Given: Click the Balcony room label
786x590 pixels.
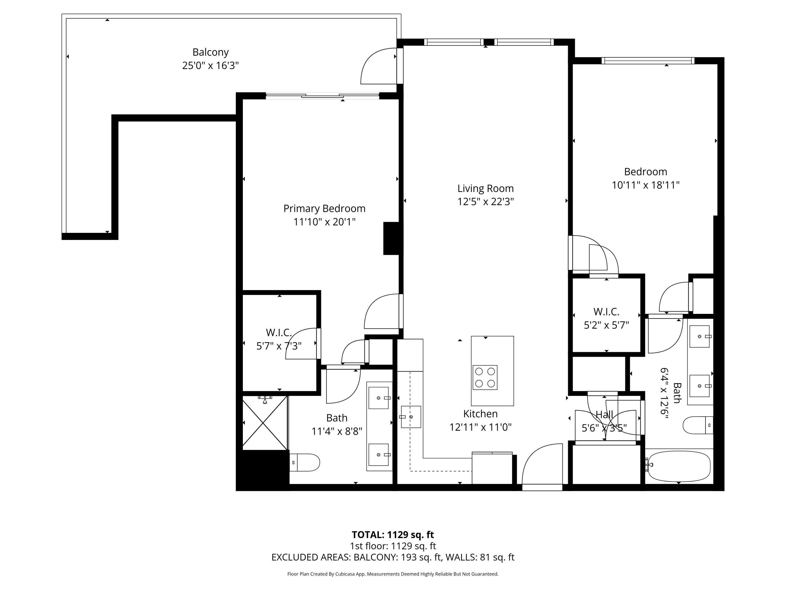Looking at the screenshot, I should pyautogui.click(x=210, y=52).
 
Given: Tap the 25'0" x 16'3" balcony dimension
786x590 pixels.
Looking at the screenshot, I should pyautogui.click(x=210, y=66).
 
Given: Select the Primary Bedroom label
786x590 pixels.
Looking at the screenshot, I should pyautogui.click(x=324, y=208).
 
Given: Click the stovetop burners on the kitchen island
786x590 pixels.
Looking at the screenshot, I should pyautogui.click(x=485, y=377).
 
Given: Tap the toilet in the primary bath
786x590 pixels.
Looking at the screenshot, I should pyautogui.click(x=305, y=462).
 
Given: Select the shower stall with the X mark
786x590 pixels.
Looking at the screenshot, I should pyautogui.click(x=265, y=423).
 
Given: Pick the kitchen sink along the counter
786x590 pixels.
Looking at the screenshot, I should pyautogui.click(x=411, y=417).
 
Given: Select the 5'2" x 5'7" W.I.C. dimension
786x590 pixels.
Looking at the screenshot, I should pyautogui.click(x=606, y=325).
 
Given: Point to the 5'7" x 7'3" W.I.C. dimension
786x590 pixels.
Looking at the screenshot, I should pyautogui.click(x=279, y=346).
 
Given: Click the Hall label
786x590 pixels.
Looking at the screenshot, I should pyautogui.click(x=604, y=414).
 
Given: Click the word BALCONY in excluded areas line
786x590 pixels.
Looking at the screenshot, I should pyautogui.click(x=375, y=557).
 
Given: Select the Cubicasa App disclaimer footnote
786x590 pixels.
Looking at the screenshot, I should pyautogui.click(x=393, y=574).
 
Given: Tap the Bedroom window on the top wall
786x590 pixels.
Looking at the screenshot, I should pyautogui.click(x=648, y=61).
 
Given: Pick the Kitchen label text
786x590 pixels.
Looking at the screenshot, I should pyautogui.click(x=481, y=414).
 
